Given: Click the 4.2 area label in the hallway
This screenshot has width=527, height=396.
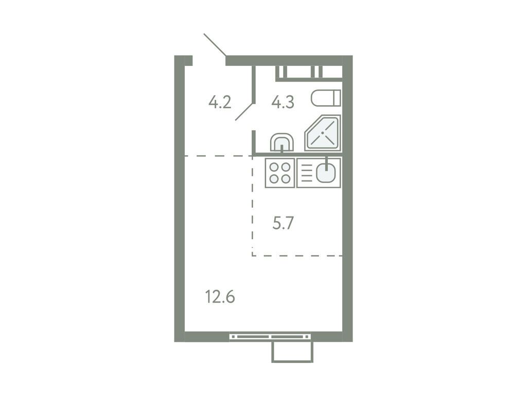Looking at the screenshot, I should (220, 102).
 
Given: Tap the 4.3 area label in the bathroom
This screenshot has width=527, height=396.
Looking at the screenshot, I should (283, 102).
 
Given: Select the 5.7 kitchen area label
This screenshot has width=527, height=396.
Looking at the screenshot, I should (283, 223).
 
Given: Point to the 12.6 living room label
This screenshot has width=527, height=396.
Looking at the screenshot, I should (220, 297).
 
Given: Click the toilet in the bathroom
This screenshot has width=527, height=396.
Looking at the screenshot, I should (326, 97).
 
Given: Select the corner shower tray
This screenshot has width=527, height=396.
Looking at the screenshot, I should (323, 134).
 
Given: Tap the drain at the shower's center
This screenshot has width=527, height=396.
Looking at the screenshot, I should (323, 133).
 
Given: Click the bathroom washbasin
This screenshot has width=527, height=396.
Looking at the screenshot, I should (282, 142).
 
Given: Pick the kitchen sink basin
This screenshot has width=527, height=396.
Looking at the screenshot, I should (326, 173).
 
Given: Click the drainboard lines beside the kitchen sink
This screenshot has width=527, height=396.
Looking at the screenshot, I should (306, 173).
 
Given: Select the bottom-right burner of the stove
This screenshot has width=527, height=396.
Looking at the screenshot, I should (286, 179).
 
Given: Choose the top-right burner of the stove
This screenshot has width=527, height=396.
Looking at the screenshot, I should (286, 167).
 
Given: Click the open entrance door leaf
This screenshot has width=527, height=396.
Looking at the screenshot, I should (215, 45).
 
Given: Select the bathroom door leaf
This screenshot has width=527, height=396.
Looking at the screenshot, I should (245, 111).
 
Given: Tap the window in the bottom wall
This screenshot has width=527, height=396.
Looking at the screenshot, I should (271, 337).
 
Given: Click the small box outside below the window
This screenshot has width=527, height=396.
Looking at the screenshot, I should (292, 352).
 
